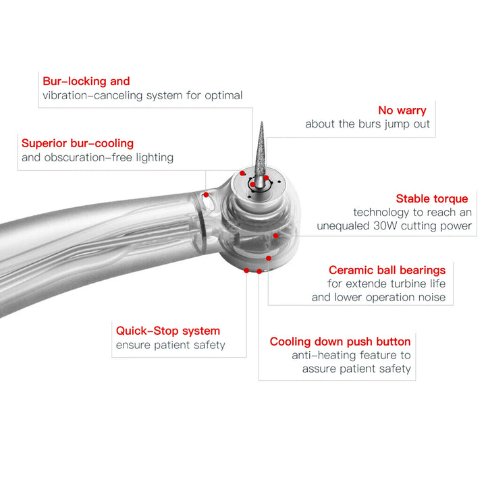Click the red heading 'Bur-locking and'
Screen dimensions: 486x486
tap(86, 81)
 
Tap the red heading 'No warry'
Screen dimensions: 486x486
tap(402, 110)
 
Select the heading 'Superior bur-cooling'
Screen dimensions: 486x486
tap(78, 143)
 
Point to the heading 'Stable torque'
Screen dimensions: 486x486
tap(432, 198)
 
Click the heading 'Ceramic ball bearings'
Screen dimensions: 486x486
tap(387, 270)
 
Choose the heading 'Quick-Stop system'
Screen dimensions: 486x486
tap(168, 331)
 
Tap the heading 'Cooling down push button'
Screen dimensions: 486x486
tap(340, 342)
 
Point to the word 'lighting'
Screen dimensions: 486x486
tap(155, 158)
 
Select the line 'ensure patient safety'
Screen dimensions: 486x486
tap(171, 345)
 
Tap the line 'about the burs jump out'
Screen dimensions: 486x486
tap(368, 124)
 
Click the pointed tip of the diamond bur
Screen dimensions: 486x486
tap(262, 122)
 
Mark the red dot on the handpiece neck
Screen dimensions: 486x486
tap(206, 194)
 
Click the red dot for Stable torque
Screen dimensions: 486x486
tap(276, 236)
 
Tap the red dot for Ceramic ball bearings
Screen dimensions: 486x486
tap(269, 258)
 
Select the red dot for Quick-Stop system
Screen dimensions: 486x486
tap(246, 270)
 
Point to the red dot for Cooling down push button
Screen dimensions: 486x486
tap(259, 271)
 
